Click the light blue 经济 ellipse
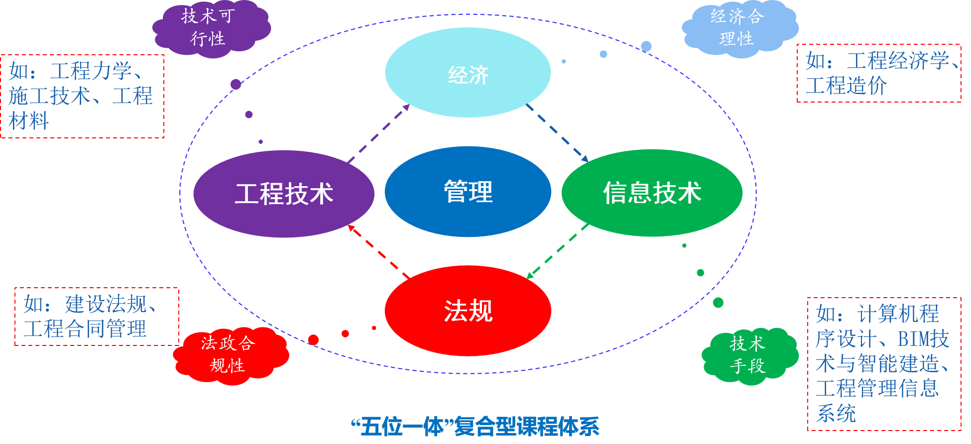coord(468,73)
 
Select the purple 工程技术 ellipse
coord(283,194)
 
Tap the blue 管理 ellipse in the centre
coord(468,192)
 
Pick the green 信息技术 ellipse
coord(652,193)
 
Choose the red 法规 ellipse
coord(468,311)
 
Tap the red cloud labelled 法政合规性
coord(229,354)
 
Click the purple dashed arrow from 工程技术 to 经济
coord(378,133)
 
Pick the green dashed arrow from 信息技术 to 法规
coord(558,251)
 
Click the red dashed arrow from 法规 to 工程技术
coord(378,251)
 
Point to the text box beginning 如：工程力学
coord(82,96)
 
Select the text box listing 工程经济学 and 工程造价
coord(879,73)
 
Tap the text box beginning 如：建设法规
coord(97,317)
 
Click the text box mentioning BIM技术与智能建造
coord(884,364)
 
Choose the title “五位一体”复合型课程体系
coord(475,427)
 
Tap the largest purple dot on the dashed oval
coord(236,84)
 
